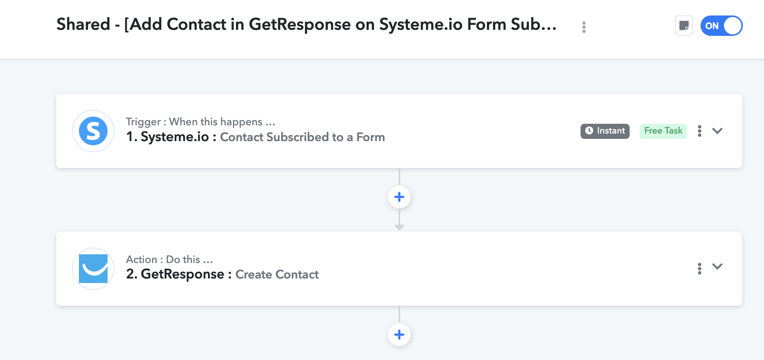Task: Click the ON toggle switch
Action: [721, 26]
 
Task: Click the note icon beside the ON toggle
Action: [684, 26]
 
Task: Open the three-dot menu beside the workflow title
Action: [584, 27]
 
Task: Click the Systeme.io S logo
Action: [93, 131]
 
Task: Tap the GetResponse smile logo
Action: [93, 269]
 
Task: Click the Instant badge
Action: [605, 131]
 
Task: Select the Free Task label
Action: [663, 131]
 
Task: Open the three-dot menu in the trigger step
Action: [699, 131]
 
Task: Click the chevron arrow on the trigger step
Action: [717, 131]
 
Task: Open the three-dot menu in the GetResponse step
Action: [699, 269]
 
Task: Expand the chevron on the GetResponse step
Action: [717, 266]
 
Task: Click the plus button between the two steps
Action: [399, 197]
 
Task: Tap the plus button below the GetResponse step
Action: [399, 335]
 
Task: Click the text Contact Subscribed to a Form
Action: [302, 137]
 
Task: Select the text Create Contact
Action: [277, 274]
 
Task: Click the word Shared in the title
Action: [83, 24]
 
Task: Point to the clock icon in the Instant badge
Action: [589, 131]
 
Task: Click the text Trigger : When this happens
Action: [200, 122]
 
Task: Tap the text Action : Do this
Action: [169, 260]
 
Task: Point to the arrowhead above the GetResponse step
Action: [399, 228]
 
